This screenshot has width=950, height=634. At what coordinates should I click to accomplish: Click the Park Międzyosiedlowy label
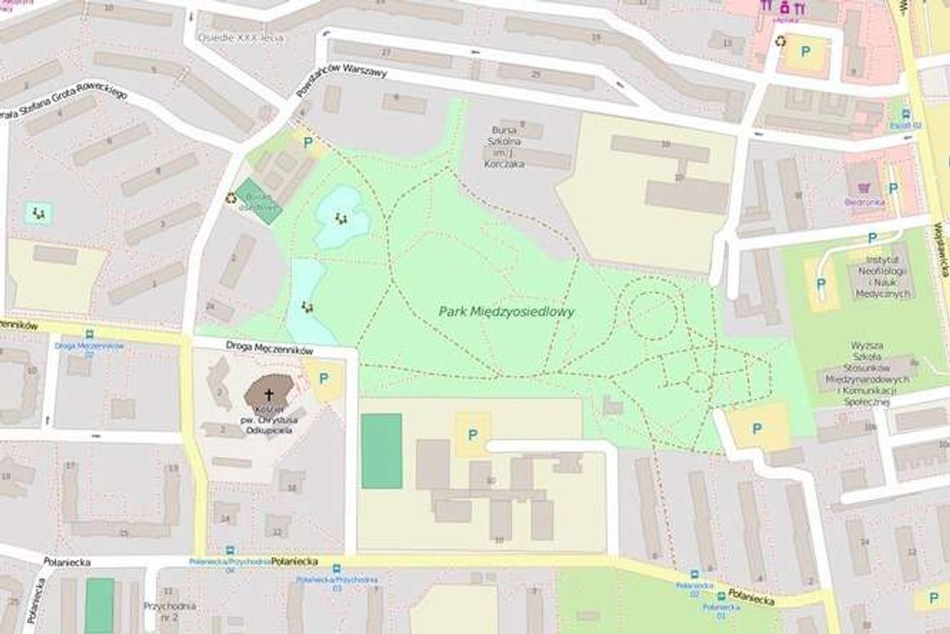[507, 312]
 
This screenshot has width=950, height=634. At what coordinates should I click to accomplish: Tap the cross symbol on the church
[269, 394]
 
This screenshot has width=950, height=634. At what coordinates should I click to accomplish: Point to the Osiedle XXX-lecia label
[240, 38]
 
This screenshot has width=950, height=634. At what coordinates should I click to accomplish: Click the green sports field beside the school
[381, 451]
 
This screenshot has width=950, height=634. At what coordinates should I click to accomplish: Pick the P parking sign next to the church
[323, 378]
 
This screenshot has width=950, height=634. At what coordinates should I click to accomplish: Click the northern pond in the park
[340, 217]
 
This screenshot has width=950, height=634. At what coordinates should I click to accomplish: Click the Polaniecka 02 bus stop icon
[694, 575]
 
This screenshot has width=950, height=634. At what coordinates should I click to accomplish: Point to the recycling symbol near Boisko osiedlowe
[231, 197]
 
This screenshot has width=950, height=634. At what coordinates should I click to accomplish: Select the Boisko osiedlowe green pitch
[258, 201]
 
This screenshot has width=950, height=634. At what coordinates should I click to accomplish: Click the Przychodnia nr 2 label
[169, 611]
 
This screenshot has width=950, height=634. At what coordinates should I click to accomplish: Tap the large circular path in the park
[652, 315]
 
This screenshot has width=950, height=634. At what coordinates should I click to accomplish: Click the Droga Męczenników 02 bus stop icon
[89, 334]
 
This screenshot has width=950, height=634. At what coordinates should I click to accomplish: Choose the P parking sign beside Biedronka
[892, 188]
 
